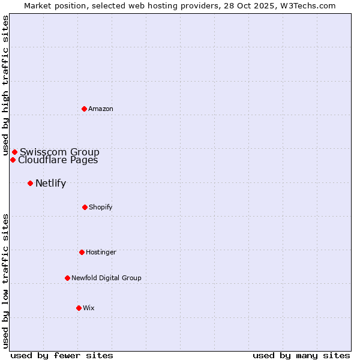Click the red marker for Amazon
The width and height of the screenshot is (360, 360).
(x=84, y=109)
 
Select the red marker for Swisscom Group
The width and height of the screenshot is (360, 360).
(x=14, y=152)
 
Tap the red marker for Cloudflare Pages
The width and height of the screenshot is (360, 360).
(x=13, y=160)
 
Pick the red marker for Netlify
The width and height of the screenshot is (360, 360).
(x=30, y=183)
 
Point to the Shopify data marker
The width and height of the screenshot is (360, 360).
(x=85, y=207)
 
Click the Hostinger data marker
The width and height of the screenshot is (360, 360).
(x=82, y=252)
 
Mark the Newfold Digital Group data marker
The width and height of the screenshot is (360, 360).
(x=67, y=278)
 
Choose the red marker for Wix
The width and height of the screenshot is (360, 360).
(x=79, y=308)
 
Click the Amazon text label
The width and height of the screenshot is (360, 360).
(x=101, y=109)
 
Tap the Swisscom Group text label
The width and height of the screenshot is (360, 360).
(x=59, y=152)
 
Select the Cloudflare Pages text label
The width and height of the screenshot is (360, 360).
(x=58, y=160)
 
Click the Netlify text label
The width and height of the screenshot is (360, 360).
(x=50, y=183)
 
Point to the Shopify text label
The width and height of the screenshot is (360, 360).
(x=100, y=207)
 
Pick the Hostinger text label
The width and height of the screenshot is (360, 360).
(x=101, y=252)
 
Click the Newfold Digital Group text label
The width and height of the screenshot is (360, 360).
(x=106, y=278)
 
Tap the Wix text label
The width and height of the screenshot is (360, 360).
(x=89, y=308)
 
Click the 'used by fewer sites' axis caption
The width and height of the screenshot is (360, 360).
(x=62, y=355)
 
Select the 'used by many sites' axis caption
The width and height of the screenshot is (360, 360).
(x=301, y=355)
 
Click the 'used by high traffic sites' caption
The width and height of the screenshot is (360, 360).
(x=5, y=86)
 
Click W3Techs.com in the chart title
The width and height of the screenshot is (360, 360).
(x=306, y=5)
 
